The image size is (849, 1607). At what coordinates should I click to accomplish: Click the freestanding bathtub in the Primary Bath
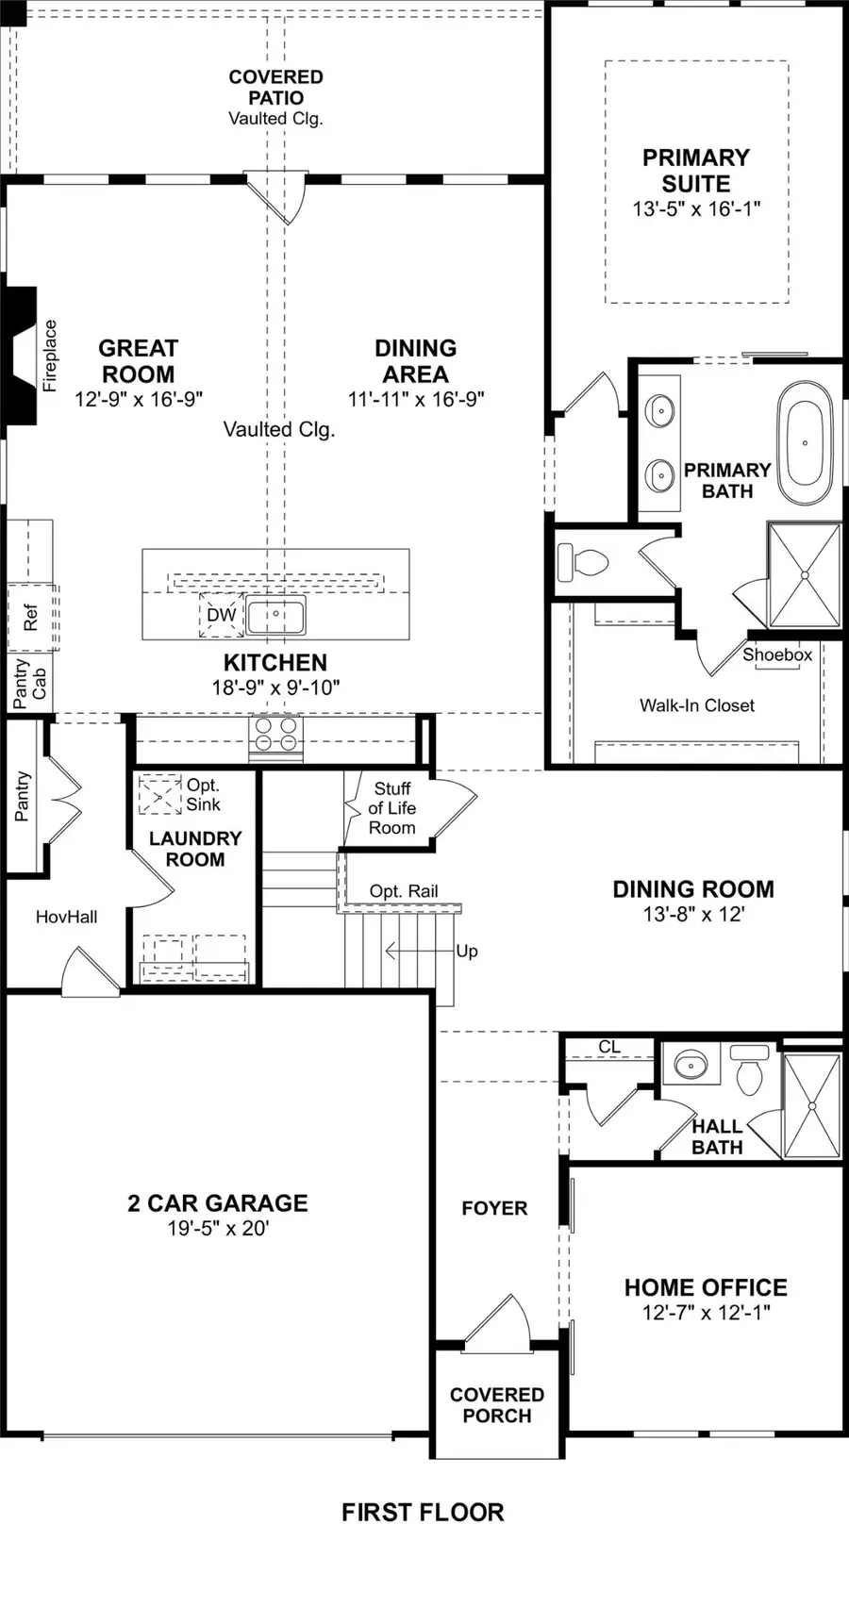(x=805, y=441)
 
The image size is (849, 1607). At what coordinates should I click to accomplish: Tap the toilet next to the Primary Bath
(x=582, y=563)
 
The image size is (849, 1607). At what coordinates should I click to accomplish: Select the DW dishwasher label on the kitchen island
(x=221, y=616)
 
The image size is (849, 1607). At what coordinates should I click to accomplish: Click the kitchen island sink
(x=275, y=616)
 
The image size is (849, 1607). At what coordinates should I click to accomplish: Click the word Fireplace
(x=50, y=356)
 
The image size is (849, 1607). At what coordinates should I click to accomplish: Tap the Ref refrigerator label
(x=30, y=618)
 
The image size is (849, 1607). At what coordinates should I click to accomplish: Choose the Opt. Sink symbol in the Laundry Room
(x=159, y=794)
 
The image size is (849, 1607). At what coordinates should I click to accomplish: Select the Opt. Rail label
(x=404, y=891)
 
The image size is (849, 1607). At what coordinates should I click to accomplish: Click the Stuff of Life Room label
(x=391, y=808)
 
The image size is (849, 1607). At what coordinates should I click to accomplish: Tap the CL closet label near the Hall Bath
(x=609, y=1047)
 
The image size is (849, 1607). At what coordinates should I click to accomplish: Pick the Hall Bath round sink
(x=691, y=1065)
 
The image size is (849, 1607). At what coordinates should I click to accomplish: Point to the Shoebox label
(x=777, y=654)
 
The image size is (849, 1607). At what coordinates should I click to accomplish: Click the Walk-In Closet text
(x=696, y=705)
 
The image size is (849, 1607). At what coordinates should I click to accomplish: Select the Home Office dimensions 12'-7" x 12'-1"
(x=706, y=1313)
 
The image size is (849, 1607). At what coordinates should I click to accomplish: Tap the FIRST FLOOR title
(x=423, y=1513)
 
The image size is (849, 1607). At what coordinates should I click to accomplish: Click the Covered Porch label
(x=496, y=1405)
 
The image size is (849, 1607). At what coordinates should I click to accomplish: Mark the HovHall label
(x=66, y=917)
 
